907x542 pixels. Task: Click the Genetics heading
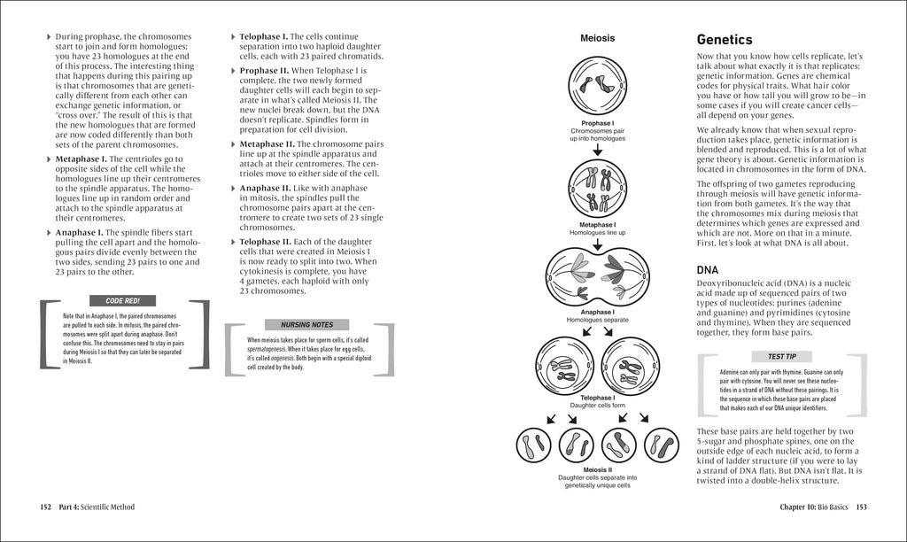click(724, 40)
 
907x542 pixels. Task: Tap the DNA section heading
click(708, 269)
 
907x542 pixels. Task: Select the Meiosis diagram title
click(597, 38)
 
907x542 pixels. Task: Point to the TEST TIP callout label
click(781, 356)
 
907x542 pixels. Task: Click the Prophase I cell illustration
click(597, 86)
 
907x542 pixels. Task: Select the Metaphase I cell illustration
click(597, 189)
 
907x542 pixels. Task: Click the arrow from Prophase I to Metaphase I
click(597, 151)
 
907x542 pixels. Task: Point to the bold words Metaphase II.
click(267, 143)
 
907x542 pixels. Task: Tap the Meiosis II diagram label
click(597, 469)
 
